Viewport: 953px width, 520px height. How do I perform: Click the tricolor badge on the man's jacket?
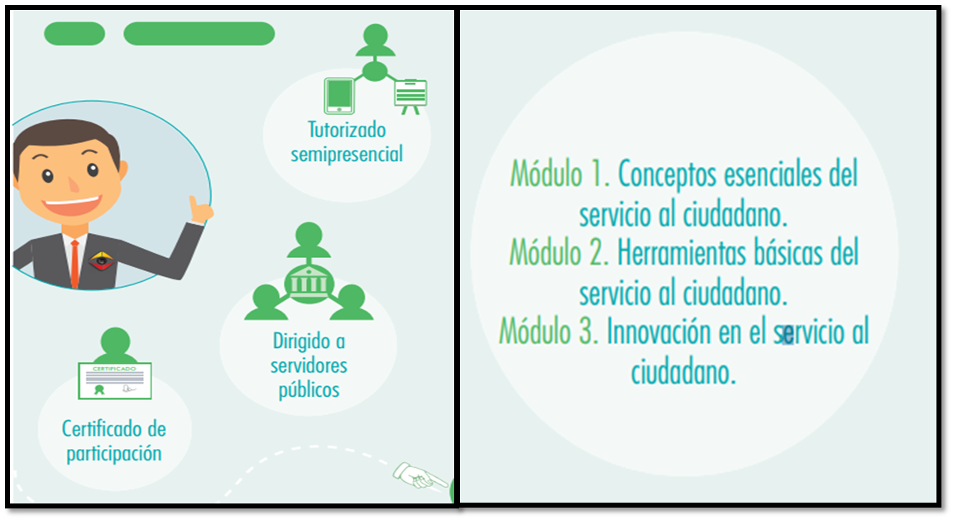tap(101, 261)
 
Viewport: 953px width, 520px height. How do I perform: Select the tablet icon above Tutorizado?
tap(339, 96)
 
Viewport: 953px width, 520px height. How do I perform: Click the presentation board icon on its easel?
tap(410, 97)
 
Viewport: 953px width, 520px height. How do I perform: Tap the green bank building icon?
tap(309, 284)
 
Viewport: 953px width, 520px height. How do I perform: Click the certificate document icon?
tap(115, 381)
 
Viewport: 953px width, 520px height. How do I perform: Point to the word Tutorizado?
tap(347, 130)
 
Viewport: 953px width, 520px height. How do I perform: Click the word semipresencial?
tap(347, 155)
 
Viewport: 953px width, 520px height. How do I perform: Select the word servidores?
tap(309, 365)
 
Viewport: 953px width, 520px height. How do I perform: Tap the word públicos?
tap(309, 390)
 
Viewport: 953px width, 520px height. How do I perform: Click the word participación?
tap(114, 454)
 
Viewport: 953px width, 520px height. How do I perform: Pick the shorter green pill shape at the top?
tap(74, 33)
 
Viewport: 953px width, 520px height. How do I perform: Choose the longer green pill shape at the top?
tap(199, 33)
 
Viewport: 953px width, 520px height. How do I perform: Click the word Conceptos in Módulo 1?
tap(668, 175)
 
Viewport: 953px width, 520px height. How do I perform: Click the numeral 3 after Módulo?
tap(586, 332)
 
